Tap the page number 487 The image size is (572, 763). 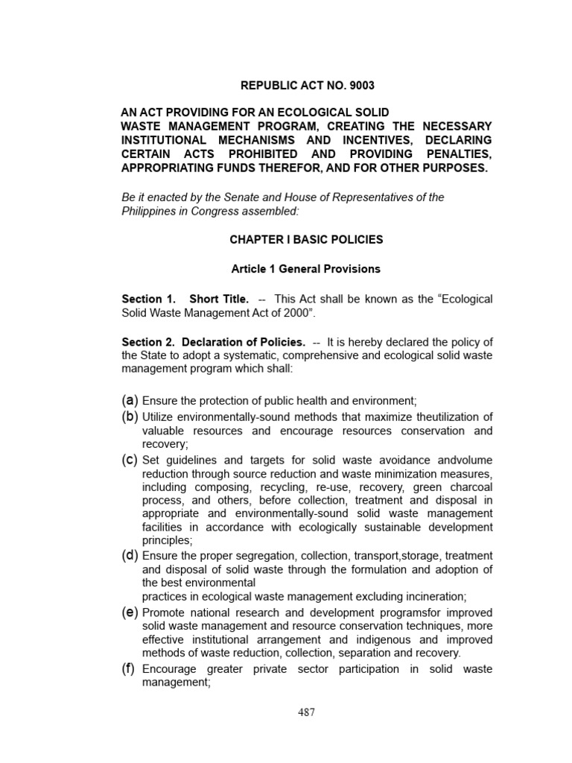306,712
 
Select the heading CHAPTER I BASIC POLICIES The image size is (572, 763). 306,239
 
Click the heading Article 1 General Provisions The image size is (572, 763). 306,268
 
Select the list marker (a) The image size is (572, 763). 130,400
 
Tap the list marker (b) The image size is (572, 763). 130,416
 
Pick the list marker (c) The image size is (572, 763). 130,460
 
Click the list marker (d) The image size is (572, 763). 130,555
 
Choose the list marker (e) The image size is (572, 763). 130,612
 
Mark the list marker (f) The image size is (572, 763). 128,668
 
